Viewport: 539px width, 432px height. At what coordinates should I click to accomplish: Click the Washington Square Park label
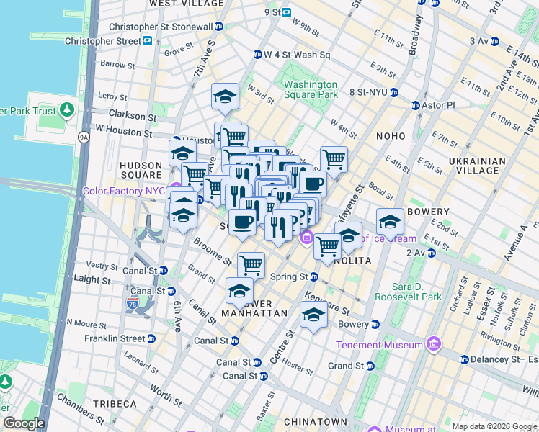pyautogui.click(x=311, y=89)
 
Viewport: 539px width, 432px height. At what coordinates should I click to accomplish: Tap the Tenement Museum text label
pyautogui.click(x=379, y=345)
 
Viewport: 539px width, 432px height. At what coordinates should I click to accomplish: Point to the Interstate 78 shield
pyautogui.click(x=133, y=304)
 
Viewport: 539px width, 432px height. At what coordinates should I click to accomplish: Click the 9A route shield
pyautogui.click(x=84, y=136)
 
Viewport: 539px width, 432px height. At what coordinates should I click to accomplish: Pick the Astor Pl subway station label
pyautogui.click(x=439, y=105)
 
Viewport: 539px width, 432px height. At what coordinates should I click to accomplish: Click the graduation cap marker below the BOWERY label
pyautogui.click(x=390, y=222)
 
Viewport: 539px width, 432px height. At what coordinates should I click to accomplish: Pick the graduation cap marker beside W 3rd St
pyautogui.click(x=225, y=96)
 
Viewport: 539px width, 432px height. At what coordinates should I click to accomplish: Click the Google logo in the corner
pyautogui.click(x=23, y=423)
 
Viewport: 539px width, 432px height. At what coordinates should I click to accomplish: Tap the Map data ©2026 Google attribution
pyautogui.click(x=494, y=426)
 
